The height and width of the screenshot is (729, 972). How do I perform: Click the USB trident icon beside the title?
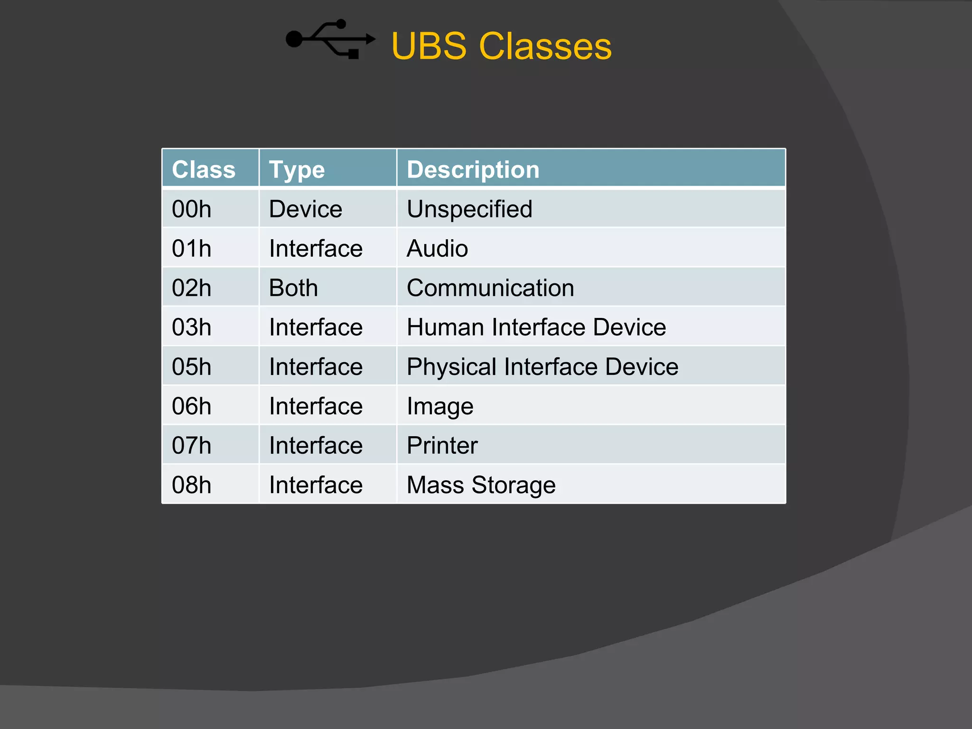(330, 39)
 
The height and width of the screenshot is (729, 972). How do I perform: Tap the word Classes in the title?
(545, 46)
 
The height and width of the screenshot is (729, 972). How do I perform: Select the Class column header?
(204, 169)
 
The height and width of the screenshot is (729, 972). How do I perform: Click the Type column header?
(297, 169)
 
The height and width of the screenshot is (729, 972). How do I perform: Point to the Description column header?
(473, 169)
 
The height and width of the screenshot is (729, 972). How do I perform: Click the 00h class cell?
(191, 209)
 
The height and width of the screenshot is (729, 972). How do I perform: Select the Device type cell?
(305, 209)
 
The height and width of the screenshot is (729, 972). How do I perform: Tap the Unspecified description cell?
(469, 209)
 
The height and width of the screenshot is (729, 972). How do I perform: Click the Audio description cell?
(437, 248)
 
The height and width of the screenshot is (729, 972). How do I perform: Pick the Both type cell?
(293, 288)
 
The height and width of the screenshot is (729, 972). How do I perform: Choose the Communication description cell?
(490, 288)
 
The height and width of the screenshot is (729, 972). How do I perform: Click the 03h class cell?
(191, 327)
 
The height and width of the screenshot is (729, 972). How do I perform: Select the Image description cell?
(440, 406)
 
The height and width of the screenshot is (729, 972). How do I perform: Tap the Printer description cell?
(442, 445)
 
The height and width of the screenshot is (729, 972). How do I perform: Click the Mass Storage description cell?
(481, 485)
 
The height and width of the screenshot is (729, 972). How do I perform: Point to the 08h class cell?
(191, 485)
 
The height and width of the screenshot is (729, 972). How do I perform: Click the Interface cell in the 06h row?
(316, 406)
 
